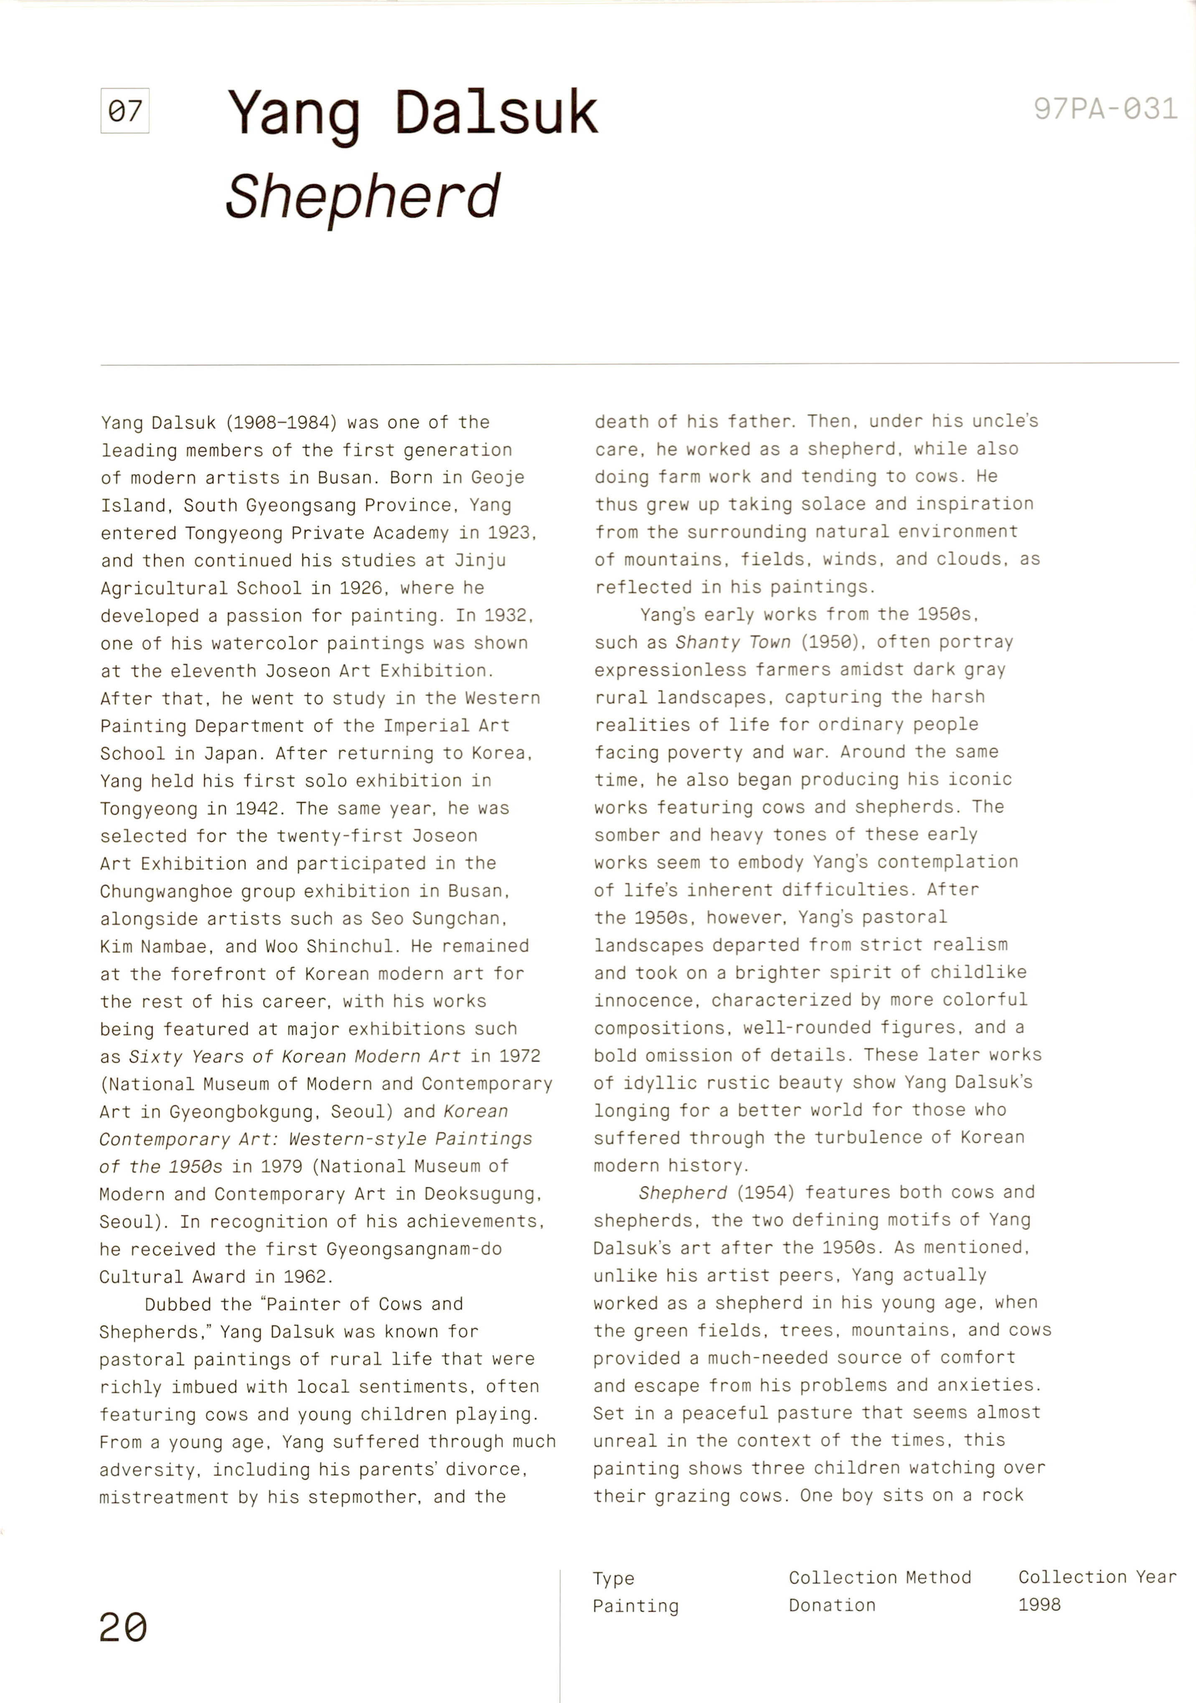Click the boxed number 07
(124, 111)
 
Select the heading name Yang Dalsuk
(412, 113)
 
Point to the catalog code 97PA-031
(1105, 109)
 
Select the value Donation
(832, 1605)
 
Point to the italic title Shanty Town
(732, 643)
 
